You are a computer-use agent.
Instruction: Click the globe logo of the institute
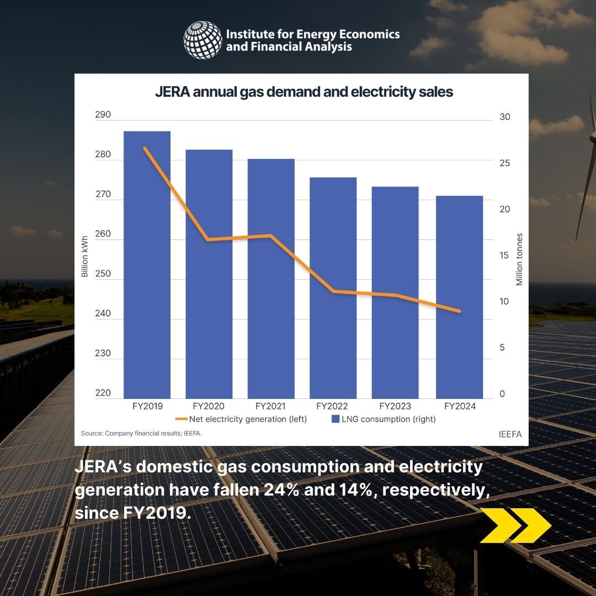pos(203,40)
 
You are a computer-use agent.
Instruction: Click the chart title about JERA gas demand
pos(304,92)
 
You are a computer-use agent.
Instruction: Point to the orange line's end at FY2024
pos(459,311)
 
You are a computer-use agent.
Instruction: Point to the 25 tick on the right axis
pos(504,163)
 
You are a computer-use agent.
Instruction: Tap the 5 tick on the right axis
pos(502,348)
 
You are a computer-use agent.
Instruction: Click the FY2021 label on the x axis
pos(270,407)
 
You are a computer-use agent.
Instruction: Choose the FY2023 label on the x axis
pos(395,407)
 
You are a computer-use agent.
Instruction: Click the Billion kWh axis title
pos(84,257)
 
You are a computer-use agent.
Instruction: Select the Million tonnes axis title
pos(519,259)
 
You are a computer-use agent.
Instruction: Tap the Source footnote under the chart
pos(141,434)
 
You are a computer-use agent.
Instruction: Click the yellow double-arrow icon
pos(515,525)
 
